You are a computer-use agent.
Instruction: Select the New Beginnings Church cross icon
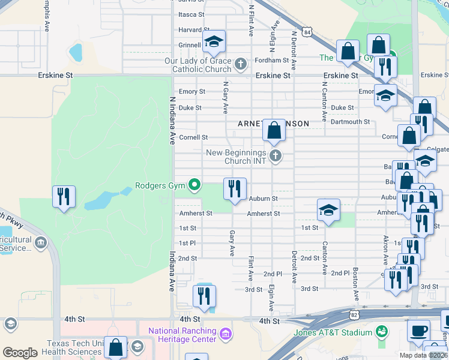coord(276,157)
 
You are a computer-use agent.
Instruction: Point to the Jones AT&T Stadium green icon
coord(381,331)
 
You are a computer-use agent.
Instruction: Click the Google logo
coord(20,353)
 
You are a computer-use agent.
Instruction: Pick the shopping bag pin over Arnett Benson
coord(274,130)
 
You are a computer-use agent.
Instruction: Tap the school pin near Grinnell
coord(213,41)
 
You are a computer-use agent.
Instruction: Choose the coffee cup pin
coord(418,331)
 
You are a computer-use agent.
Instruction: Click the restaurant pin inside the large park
coord(64,196)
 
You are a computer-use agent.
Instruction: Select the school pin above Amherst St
coord(328,210)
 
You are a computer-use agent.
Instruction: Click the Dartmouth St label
coord(351,122)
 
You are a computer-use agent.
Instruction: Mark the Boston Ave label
coord(355,284)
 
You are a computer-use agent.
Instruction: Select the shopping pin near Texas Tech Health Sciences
coord(115,347)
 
